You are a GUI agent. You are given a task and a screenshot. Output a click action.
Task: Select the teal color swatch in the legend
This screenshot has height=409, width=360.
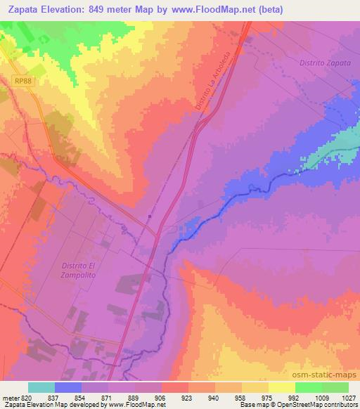tap(41, 387)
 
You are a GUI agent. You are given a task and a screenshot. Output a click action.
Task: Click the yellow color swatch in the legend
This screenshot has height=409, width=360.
tap(281, 387)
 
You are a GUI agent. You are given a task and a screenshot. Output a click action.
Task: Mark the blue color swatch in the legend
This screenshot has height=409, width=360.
tap(68, 387)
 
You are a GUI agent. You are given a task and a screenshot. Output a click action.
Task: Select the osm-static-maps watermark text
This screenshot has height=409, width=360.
tap(323, 373)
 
